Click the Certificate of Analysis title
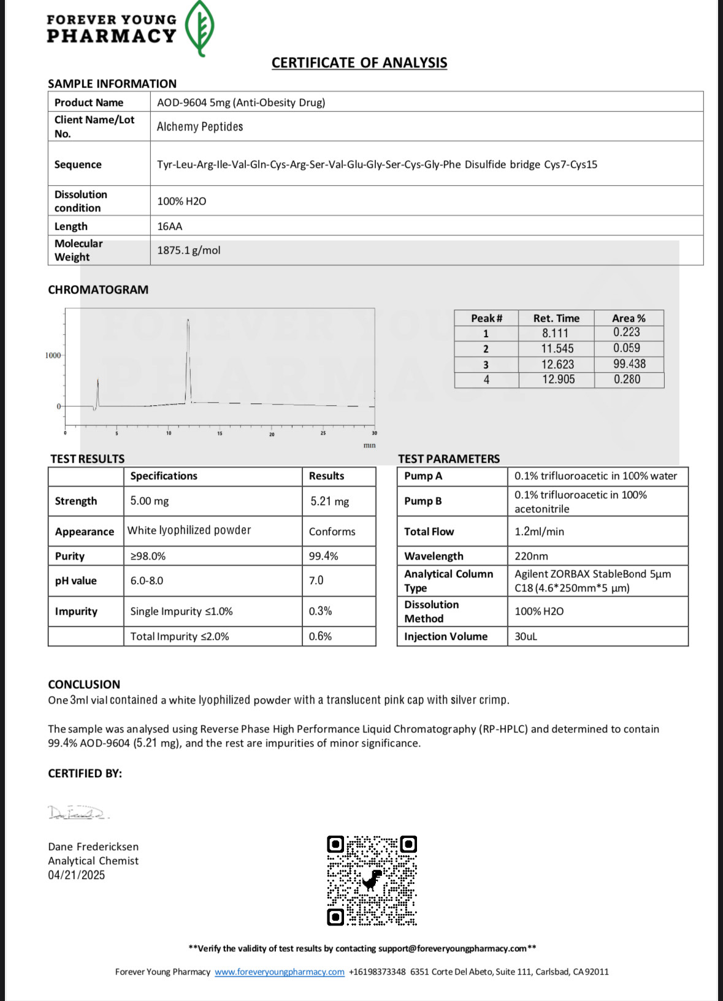pyautogui.click(x=359, y=63)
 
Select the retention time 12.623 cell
pyautogui.click(x=557, y=364)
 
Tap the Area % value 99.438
pyautogui.click(x=629, y=364)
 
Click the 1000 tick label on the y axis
pyautogui.click(x=53, y=356)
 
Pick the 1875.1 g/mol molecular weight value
pyautogui.click(x=189, y=250)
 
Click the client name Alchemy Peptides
pyautogui.click(x=200, y=127)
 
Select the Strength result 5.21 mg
pyautogui.click(x=329, y=501)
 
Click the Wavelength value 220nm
pyautogui.click(x=531, y=556)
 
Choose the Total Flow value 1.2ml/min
pyautogui.click(x=539, y=531)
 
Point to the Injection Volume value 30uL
pyautogui.click(x=526, y=636)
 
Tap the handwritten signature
pyautogui.click(x=78, y=813)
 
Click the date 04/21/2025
pyautogui.click(x=77, y=875)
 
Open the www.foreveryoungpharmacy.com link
pyautogui.click(x=280, y=972)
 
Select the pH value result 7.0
pyautogui.click(x=316, y=580)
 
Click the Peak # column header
pyautogui.click(x=486, y=318)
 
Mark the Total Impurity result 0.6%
pyautogui.click(x=320, y=636)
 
